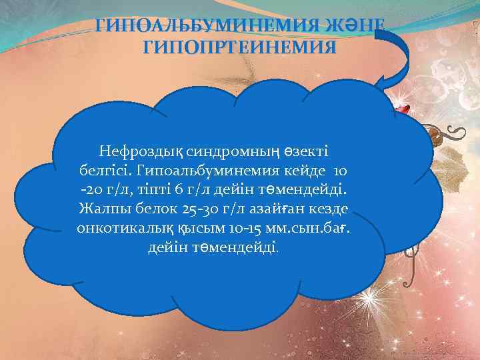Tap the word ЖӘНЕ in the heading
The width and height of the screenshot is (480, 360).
[356, 27]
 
